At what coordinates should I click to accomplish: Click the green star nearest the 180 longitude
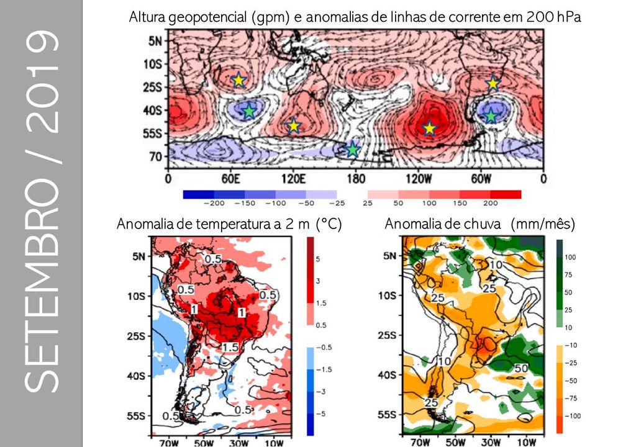tap(353, 149)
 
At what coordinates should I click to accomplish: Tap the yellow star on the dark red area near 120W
tap(429, 128)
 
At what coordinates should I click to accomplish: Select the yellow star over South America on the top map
tap(493, 83)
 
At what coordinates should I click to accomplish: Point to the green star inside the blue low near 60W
tap(491, 115)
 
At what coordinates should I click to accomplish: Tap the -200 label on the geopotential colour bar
tap(214, 203)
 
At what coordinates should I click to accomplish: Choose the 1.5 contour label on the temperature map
tap(230, 346)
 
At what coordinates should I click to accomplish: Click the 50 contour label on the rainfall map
tap(520, 368)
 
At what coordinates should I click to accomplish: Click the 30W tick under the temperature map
tap(238, 443)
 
